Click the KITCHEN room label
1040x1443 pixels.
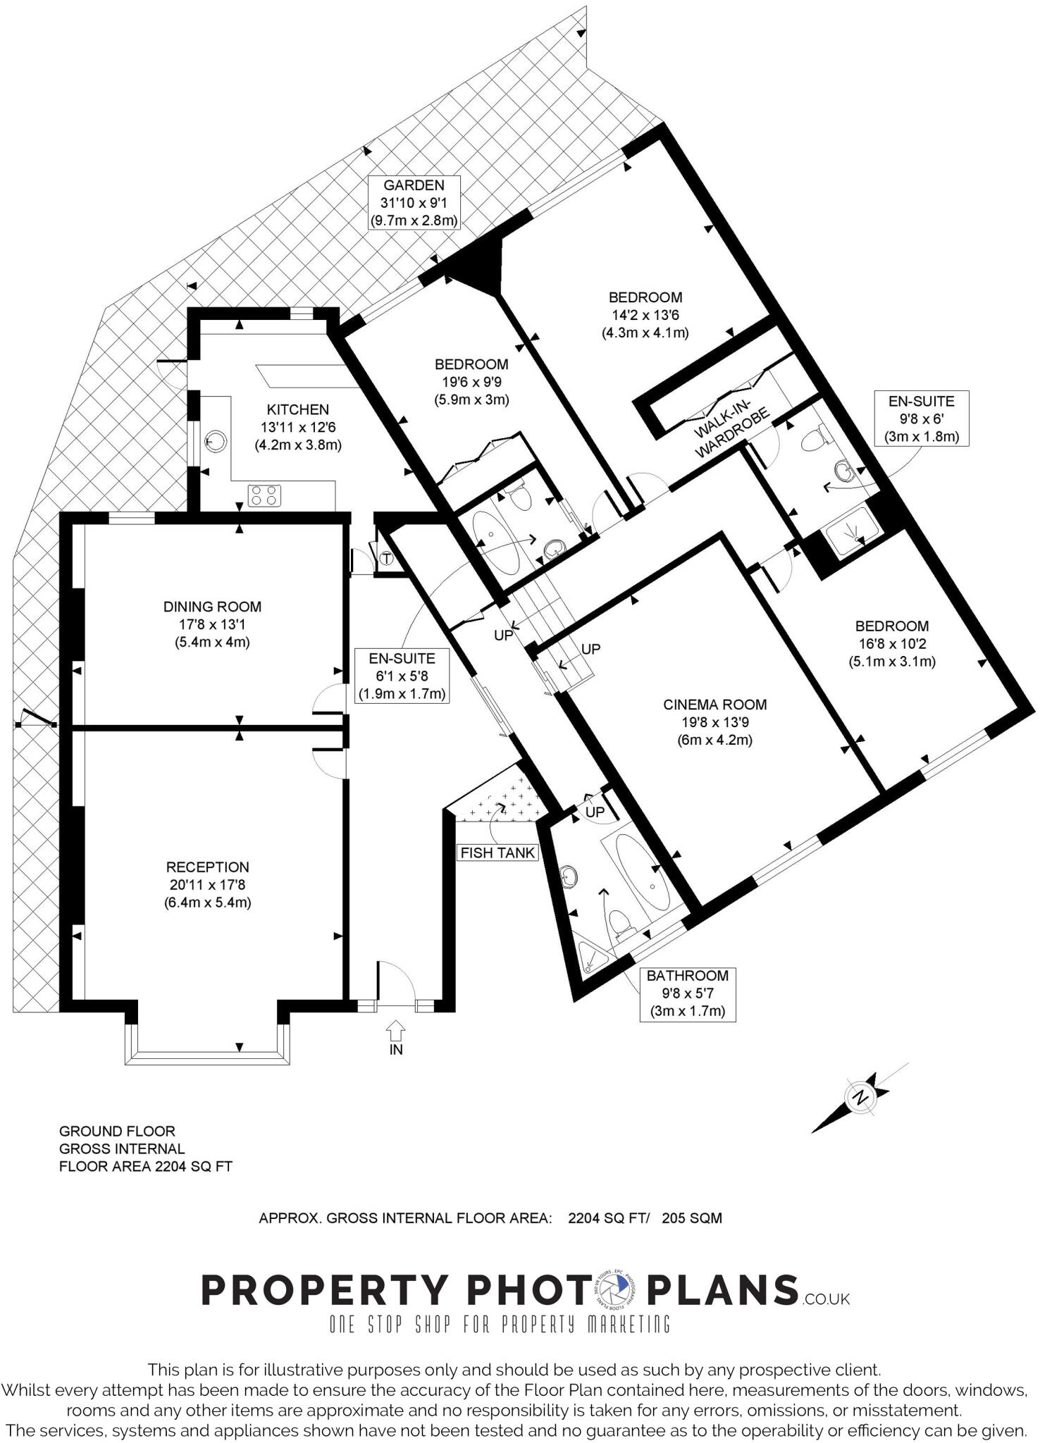pos(297,427)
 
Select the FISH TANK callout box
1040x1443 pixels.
pos(497,853)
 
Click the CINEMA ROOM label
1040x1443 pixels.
pos(714,722)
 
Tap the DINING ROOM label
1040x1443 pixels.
pos(212,624)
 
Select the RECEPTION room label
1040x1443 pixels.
pos(207,884)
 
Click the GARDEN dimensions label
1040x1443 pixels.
pos(414,203)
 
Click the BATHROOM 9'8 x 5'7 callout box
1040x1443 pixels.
pos(686,993)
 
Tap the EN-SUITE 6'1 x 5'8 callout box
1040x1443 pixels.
pos(402,676)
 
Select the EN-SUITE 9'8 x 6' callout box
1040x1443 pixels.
pos(921,419)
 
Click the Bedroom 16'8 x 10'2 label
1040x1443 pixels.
pos(891,643)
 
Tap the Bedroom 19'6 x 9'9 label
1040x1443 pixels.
pos(471,382)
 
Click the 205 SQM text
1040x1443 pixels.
pos(691,1218)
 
